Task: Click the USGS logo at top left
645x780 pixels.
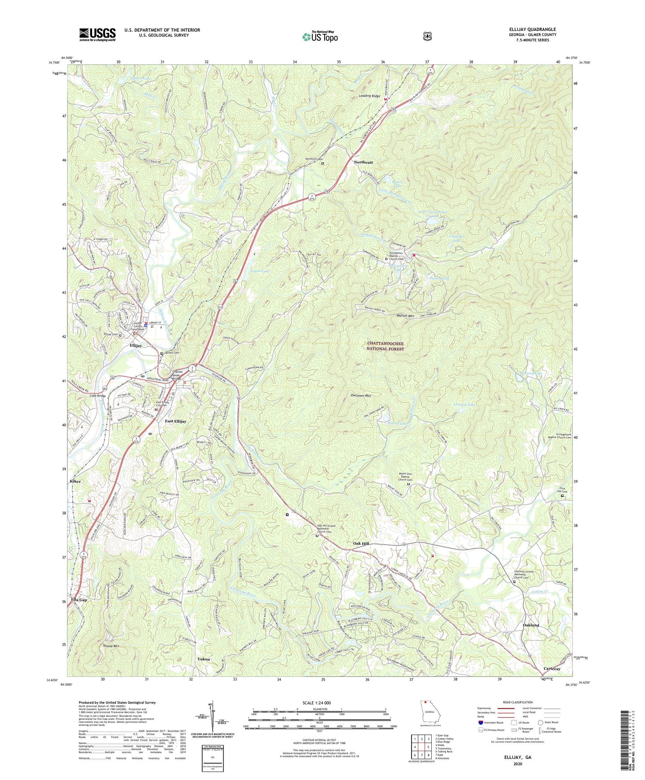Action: [97, 34]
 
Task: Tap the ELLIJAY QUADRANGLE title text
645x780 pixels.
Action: [531, 29]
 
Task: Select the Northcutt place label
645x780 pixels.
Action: [363, 162]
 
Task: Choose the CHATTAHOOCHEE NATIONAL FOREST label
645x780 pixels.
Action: [385, 346]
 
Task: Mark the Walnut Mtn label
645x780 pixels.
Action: [405, 315]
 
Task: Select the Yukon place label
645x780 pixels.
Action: [203, 659]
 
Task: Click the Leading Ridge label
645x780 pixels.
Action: [369, 96]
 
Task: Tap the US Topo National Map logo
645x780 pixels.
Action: [319, 36]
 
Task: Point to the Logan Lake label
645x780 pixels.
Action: [259, 271]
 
